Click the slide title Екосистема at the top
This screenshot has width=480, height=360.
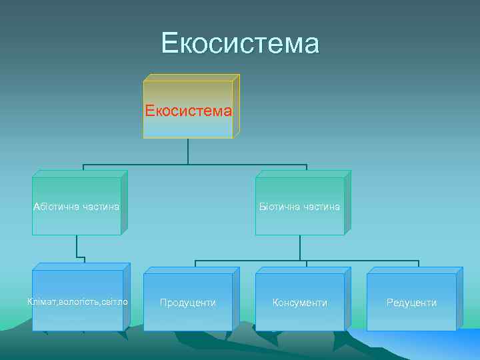pyautogui.click(x=240, y=44)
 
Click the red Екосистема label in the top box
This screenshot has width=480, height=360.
pyautogui.click(x=189, y=110)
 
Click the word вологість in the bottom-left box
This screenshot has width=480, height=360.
pyautogui.click(x=78, y=302)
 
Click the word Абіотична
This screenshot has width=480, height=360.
pyautogui.click(x=56, y=207)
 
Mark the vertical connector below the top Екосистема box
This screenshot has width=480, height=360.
pyautogui.click(x=188, y=151)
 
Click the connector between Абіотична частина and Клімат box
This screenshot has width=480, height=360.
pyautogui.click(x=77, y=247)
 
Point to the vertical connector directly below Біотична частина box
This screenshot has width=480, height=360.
pyautogui.click(x=300, y=247)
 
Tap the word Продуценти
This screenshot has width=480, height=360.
pyautogui.click(x=188, y=303)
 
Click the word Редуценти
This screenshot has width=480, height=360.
pyautogui.click(x=411, y=303)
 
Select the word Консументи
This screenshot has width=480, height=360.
pyautogui.click(x=300, y=303)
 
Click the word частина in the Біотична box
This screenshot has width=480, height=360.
pyautogui.click(x=321, y=207)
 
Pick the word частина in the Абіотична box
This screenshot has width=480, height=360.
pyautogui.click(x=100, y=207)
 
